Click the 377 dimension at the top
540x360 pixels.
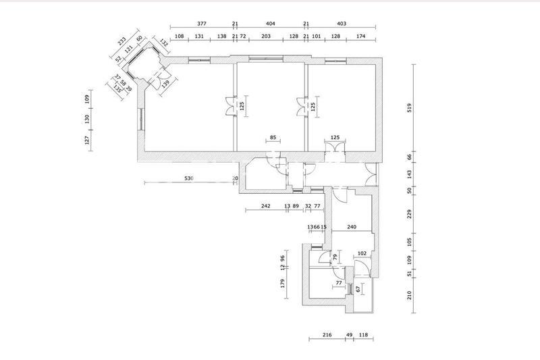[x=202, y=23]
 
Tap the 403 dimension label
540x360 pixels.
[x=341, y=23]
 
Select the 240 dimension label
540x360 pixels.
[x=351, y=228]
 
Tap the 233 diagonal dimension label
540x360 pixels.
[x=122, y=43]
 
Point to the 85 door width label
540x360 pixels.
[x=273, y=138]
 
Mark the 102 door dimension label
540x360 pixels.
[x=362, y=254]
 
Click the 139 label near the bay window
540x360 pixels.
[x=165, y=83]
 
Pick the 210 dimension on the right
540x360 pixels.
[x=410, y=295]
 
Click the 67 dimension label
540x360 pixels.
[x=357, y=289]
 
